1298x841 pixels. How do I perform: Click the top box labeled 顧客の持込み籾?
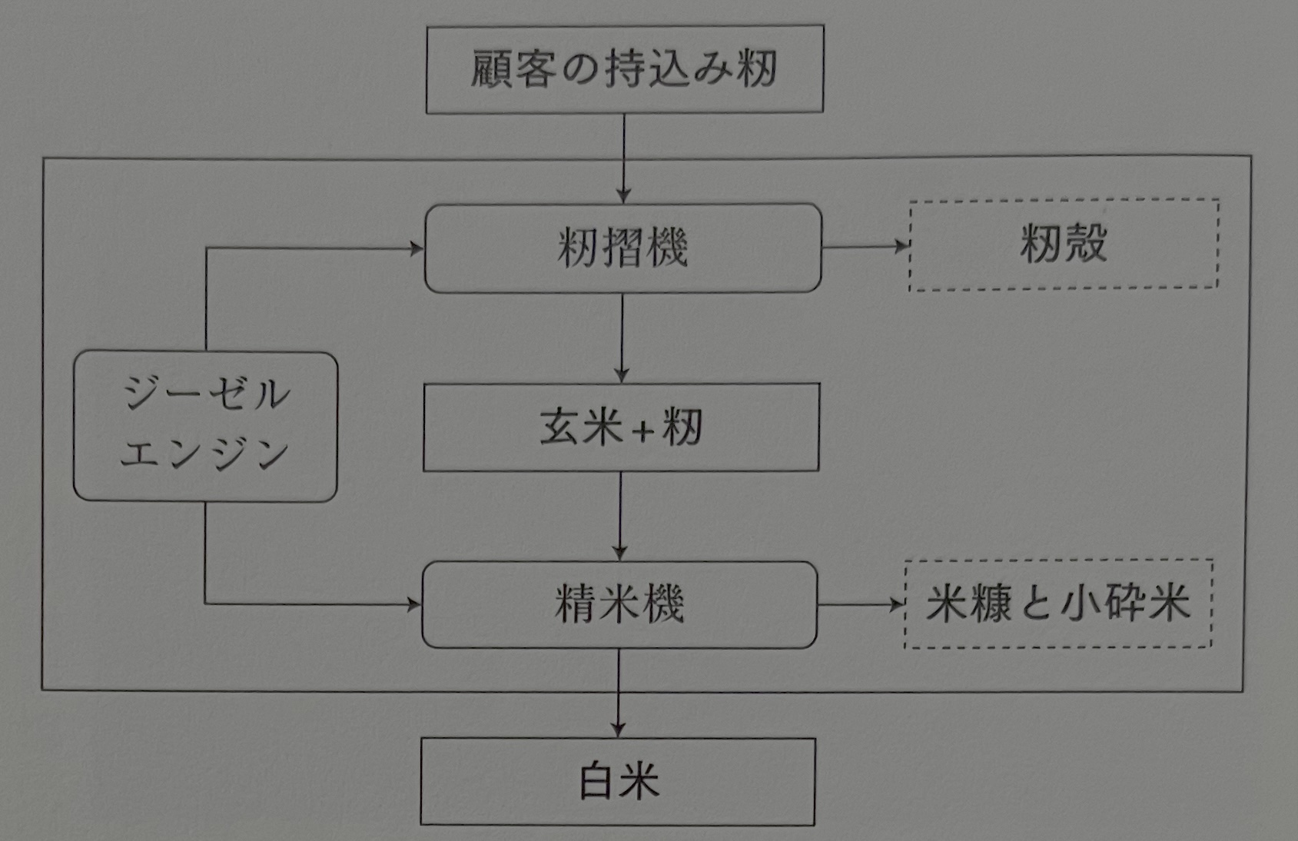coord(624,69)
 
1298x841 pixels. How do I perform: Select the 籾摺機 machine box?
coord(622,248)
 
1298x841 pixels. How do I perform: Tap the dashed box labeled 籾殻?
coord(1064,244)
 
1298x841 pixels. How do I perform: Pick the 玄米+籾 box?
coord(621,427)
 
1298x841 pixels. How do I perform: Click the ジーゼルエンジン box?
coord(205,427)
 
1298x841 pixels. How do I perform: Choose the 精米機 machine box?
coord(619,605)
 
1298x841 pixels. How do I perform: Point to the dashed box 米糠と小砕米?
coord(1058,603)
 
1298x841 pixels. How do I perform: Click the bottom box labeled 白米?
coord(618,782)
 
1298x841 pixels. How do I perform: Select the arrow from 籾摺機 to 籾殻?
coord(865,247)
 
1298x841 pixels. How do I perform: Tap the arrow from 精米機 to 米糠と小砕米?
coord(861,604)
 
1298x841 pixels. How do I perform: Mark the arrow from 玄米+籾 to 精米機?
coord(620,515)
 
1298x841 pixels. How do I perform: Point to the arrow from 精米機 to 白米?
coord(618,692)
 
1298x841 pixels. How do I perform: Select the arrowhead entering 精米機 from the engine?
coord(415,605)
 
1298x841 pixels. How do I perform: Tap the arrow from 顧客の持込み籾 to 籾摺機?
coord(623,158)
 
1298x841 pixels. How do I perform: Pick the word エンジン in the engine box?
coord(204,454)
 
